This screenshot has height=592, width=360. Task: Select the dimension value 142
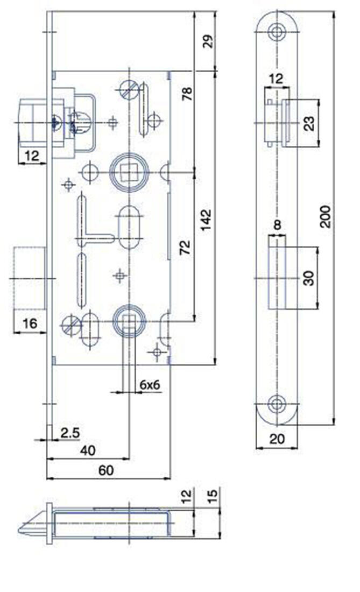click(x=208, y=220)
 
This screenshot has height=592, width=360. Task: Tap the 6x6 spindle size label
click(x=151, y=385)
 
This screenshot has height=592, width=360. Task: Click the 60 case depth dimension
click(x=107, y=470)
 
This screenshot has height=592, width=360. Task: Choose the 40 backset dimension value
click(x=85, y=450)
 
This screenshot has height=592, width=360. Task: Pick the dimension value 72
click(x=185, y=248)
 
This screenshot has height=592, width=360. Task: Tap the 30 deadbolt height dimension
click(x=308, y=278)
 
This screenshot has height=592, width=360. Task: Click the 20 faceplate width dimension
click(x=277, y=439)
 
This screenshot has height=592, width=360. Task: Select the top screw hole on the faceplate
click(x=277, y=31)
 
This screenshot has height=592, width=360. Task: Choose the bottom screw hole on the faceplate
click(x=277, y=405)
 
